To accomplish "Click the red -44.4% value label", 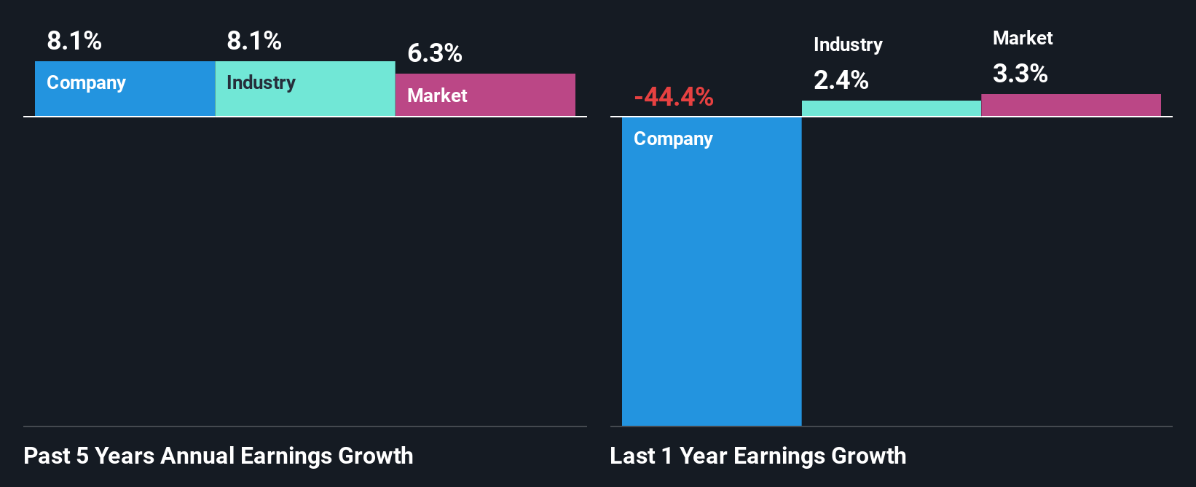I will tap(673, 97).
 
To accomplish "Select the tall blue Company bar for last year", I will tap(711, 277).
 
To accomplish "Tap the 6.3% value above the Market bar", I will tap(434, 53).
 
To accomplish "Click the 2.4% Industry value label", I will tap(841, 80).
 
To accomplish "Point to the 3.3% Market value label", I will tap(1020, 74).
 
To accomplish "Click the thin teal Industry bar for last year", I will tap(891, 109).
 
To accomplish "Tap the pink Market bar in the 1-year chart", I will tap(1071, 105).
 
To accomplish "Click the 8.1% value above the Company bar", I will tap(74, 41).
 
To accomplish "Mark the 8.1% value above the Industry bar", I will tap(254, 41).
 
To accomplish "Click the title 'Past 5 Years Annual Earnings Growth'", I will tap(218, 456).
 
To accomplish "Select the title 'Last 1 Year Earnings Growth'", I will tap(758, 456).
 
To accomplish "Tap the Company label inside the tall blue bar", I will tap(673, 139).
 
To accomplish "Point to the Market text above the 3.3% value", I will tap(1023, 38).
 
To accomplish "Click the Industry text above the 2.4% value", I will tap(848, 44).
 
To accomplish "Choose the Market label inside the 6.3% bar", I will tap(437, 96).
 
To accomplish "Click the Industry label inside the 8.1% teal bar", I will tap(261, 82).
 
